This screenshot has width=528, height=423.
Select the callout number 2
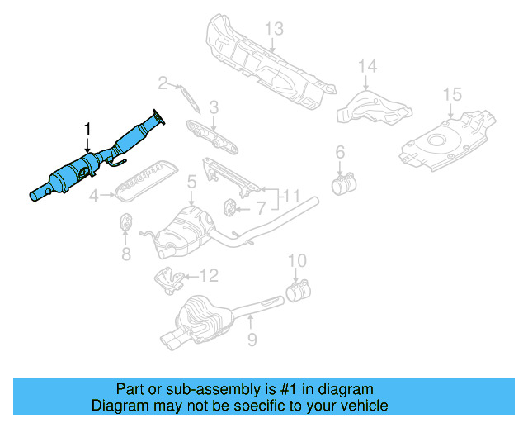tap(163, 82)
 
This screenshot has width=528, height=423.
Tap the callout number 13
tap(273, 30)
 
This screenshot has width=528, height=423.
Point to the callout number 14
tap(367, 65)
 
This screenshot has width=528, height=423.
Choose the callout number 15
tap(451, 94)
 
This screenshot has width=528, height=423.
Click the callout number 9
tap(252, 339)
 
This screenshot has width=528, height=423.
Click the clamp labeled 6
tap(342, 183)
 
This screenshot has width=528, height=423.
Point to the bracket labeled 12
tap(171, 280)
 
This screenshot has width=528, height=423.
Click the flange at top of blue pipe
tap(158, 116)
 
